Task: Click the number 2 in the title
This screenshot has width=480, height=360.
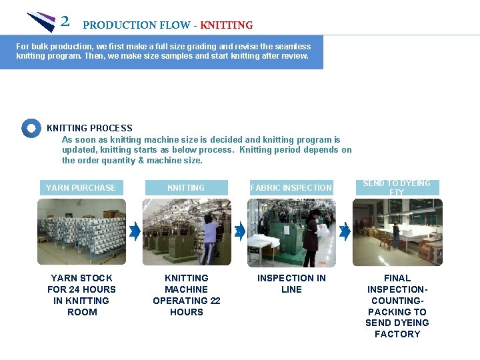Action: point(65,21)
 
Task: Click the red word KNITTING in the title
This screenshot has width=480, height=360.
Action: point(227,25)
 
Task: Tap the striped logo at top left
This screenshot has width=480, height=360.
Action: point(41,21)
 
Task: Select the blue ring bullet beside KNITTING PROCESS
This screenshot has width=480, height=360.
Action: point(31,128)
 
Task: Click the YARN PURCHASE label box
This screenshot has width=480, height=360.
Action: point(80,188)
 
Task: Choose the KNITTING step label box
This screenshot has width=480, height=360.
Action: point(186,188)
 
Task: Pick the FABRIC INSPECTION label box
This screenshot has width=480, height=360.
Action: point(291,188)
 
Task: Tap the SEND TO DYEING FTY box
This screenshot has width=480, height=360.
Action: point(397,187)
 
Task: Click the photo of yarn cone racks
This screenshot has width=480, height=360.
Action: point(81,232)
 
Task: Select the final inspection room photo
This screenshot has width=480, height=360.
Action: point(397,232)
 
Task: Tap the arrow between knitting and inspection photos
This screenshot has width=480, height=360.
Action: point(240,231)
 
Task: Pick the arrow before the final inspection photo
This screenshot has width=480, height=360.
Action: point(345,231)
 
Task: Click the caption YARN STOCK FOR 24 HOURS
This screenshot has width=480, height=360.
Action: point(81,295)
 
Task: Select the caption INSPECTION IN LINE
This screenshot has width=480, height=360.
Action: point(291,283)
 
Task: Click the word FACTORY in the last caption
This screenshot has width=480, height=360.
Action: point(397,334)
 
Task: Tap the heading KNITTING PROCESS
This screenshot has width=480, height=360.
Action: point(89,128)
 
